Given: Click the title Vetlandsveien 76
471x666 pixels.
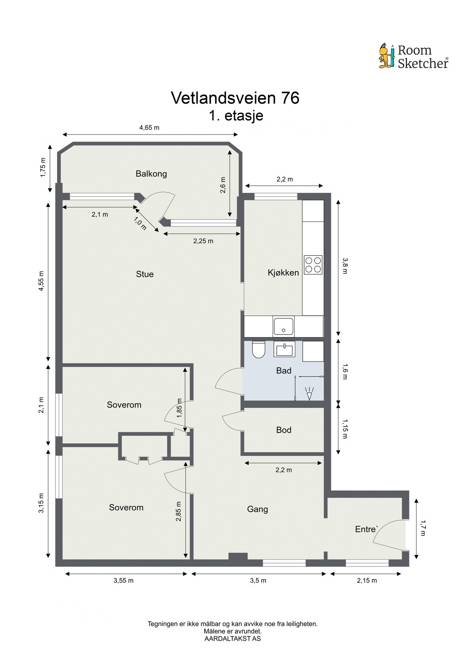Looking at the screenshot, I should pyautogui.click(x=235, y=98).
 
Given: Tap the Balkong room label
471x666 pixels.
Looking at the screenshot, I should pyautogui.click(x=151, y=174).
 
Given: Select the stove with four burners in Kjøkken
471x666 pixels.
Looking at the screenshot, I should pyautogui.click(x=313, y=265).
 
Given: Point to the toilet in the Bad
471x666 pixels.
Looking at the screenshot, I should pyautogui.click(x=258, y=350).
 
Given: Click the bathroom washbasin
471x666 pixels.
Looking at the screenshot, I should pyautogui.click(x=284, y=349).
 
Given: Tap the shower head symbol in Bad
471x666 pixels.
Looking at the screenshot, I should pyautogui.click(x=309, y=393).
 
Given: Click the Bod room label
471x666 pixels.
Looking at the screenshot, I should pyautogui.click(x=283, y=430).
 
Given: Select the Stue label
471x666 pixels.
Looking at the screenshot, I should pyautogui.click(x=145, y=274).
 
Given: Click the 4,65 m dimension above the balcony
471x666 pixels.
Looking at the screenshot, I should pyautogui.click(x=149, y=128).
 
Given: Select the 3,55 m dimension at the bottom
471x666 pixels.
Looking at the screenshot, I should pyautogui.click(x=123, y=581).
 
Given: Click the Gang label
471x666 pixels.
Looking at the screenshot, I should pyautogui.click(x=257, y=509).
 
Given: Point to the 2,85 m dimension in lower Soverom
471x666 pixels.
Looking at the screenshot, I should pyautogui.click(x=179, y=511).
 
